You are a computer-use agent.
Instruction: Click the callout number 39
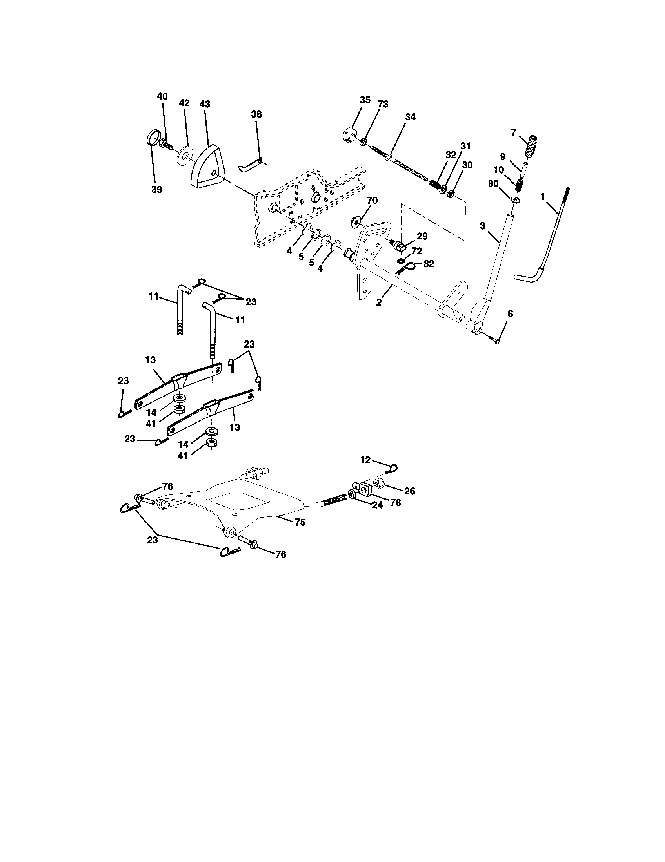pyautogui.click(x=156, y=190)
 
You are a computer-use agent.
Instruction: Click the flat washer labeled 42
pyautogui.click(x=184, y=156)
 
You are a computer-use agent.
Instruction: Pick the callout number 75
pyautogui.click(x=300, y=522)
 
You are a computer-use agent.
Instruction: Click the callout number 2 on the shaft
pyautogui.click(x=379, y=303)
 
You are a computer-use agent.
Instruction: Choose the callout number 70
pyautogui.click(x=372, y=201)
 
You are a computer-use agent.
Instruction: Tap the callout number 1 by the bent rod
pyautogui.click(x=542, y=196)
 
